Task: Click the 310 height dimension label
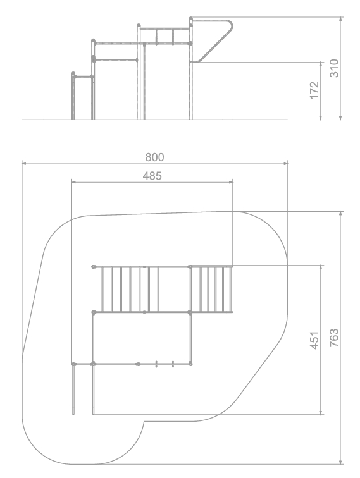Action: click(334, 68)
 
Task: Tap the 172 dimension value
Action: click(314, 90)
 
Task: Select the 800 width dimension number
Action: click(154, 157)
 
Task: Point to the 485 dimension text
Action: click(152, 176)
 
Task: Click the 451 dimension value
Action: click(314, 340)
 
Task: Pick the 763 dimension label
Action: click(334, 338)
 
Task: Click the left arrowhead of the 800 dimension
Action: click(24, 164)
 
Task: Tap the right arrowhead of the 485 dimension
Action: click(231, 182)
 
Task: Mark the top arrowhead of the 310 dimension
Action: click(341, 19)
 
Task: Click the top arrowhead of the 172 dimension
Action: click(321, 64)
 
